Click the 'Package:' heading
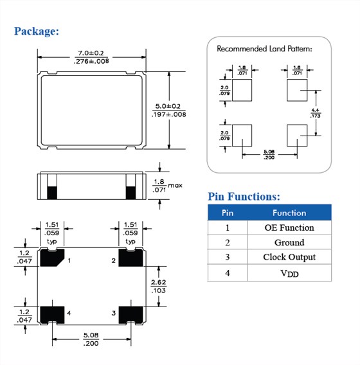click(37, 31)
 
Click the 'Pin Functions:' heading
click(244, 197)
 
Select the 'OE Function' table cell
click(289, 227)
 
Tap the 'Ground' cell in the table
click(289, 242)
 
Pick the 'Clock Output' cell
click(289, 257)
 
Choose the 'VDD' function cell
click(289, 273)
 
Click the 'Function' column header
click(289, 213)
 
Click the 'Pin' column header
click(228, 213)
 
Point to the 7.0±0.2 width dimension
click(91, 57)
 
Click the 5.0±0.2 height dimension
click(168, 111)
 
